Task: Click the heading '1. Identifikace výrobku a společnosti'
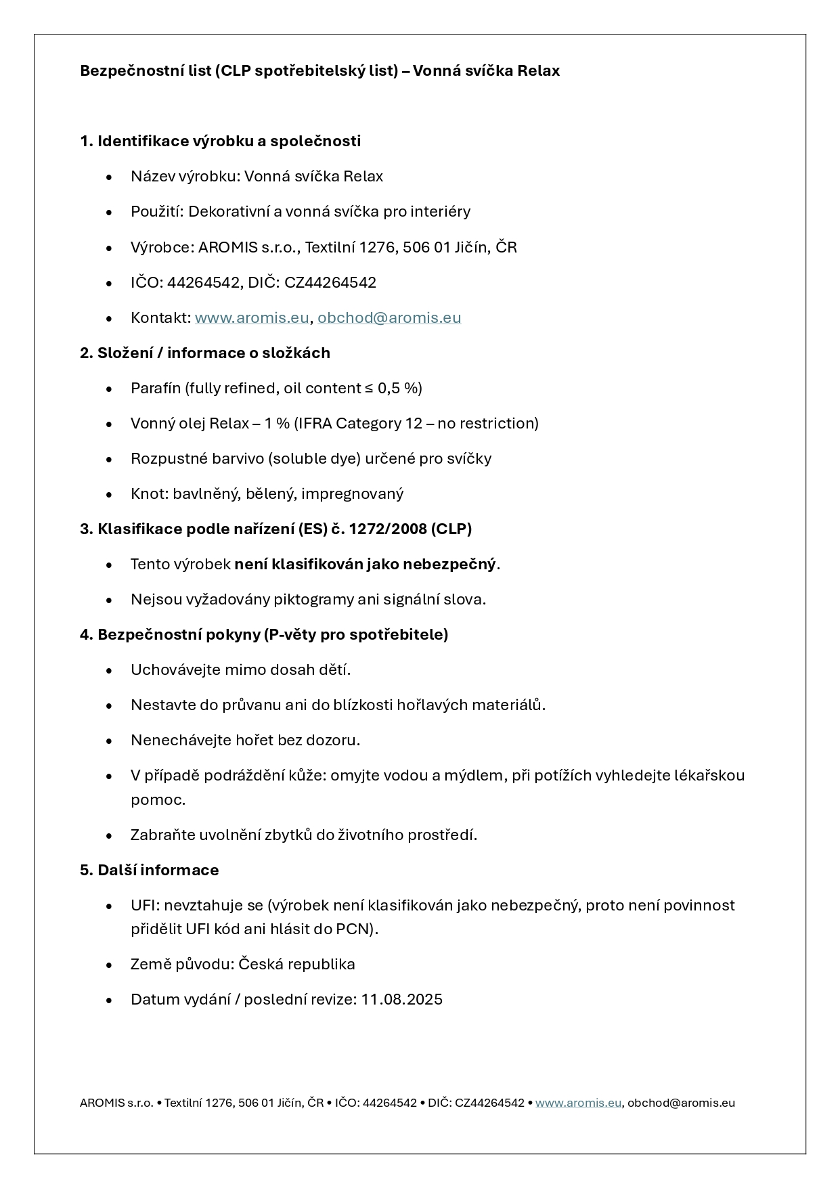point(220,141)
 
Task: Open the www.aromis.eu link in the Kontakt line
point(251,318)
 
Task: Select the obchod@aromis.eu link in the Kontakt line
point(389,318)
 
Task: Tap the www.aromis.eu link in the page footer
point(578,1103)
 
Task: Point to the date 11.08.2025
point(401,1000)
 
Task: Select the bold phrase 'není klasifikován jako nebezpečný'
point(365,565)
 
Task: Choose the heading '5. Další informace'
point(150,871)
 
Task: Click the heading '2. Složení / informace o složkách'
point(205,353)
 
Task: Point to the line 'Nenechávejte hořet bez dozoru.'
point(245,741)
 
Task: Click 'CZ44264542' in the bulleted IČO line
point(330,283)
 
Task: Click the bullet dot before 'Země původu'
point(109,965)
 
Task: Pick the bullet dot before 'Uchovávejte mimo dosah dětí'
point(109,671)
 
